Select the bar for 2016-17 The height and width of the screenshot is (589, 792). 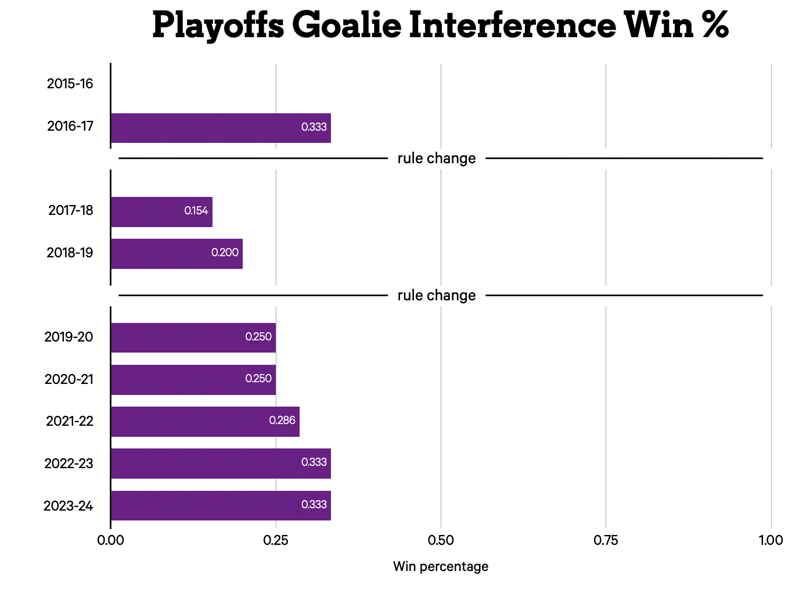(x=221, y=128)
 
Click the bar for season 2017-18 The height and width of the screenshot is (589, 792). (x=161, y=211)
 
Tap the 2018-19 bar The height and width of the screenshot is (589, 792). (x=177, y=253)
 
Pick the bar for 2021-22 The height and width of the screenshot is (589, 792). (x=205, y=421)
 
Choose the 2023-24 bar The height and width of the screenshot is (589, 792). (x=221, y=505)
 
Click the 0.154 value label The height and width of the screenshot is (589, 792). (x=196, y=211)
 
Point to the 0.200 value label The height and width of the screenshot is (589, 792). (x=225, y=253)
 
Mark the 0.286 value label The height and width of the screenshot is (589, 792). (x=282, y=421)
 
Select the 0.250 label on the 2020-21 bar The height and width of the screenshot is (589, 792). (x=258, y=379)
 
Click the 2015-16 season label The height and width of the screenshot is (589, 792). (x=70, y=84)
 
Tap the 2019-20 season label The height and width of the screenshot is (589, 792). (x=69, y=337)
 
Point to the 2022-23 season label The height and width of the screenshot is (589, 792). (x=69, y=464)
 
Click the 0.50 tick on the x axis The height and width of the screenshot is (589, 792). (x=441, y=540)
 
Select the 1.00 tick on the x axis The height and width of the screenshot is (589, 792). (x=771, y=540)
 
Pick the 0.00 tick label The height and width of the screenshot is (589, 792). (x=110, y=540)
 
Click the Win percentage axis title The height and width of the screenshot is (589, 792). (x=441, y=566)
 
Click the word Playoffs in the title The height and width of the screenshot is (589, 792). (x=218, y=26)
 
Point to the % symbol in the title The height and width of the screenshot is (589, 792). (x=715, y=26)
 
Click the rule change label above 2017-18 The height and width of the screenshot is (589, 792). (x=437, y=159)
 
